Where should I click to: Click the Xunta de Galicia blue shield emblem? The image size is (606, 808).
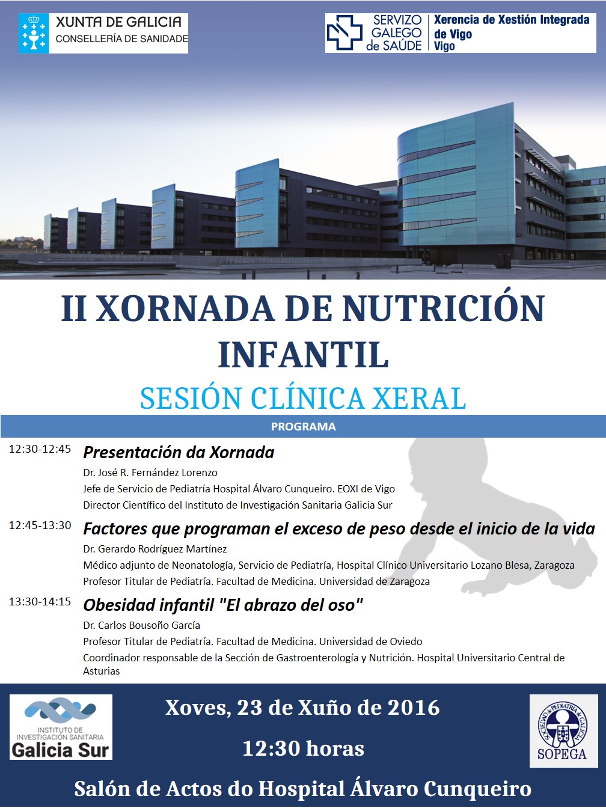pyautogui.click(x=34, y=34)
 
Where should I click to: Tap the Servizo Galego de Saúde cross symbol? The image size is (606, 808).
pyautogui.click(x=344, y=32)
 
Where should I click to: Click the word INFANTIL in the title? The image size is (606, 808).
pyautogui.click(x=303, y=355)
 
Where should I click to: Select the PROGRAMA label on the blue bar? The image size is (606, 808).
pyautogui.click(x=303, y=426)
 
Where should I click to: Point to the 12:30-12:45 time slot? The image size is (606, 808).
pyautogui.click(x=40, y=449)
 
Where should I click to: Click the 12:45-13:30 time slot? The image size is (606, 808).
pyautogui.click(x=40, y=525)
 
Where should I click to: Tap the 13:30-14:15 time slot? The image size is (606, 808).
pyautogui.click(x=40, y=601)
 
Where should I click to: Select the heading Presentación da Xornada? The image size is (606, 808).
pyautogui.click(x=179, y=453)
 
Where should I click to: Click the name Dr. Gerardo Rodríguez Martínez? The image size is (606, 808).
pyautogui.click(x=155, y=549)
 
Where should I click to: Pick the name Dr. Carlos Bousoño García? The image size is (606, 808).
pyautogui.click(x=142, y=625)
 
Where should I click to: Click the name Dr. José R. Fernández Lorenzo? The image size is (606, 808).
pyautogui.click(x=150, y=473)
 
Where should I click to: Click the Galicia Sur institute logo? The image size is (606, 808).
pyautogui.click(x=61, y=727)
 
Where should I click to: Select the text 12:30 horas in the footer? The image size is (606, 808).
pyautogui.click(x=303, y=748)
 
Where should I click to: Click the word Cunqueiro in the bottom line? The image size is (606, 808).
pyautogui.click(x=477, y=789)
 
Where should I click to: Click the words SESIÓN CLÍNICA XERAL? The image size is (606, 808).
pyautogui.click(x=303, y=398)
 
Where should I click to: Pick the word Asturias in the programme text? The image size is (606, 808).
pyautogui.click(x=102, y=671)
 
